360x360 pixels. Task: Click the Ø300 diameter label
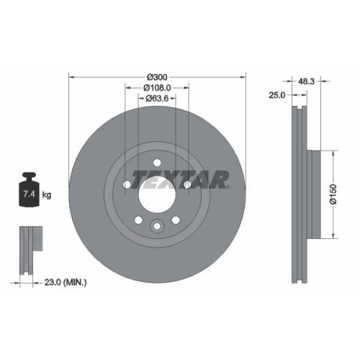pyautogui.click(x=157, y=77)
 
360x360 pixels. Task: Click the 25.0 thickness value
pyautogui.click(x=277, y=94)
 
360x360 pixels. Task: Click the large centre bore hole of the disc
pyautogui.click(x=157, y=194)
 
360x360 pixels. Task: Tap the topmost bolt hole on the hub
pyautogui.click(x=157, y=163)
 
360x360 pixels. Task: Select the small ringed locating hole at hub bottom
pyautogui.click(x=157, y=228)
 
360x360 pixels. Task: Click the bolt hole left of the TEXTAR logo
pyautogui.click(x=127, y=184)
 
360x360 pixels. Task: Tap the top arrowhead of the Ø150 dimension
pyautogui.click(x=334, y=153)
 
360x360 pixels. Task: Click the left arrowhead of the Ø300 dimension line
pyautogui.click(x=71, y=77)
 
